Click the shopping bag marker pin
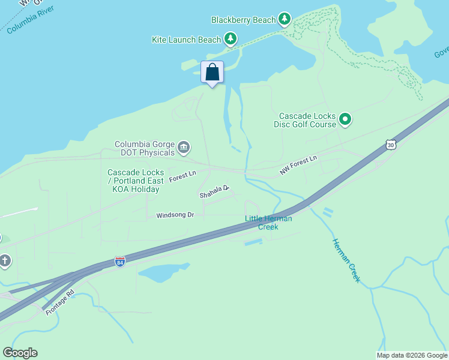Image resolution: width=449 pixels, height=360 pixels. coord(212,73)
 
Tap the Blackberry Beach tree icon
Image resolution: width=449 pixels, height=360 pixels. coord(285,20)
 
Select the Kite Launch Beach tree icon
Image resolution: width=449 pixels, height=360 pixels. coord(231,40)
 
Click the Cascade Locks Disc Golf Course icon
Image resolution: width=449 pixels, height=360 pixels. coord(345,120)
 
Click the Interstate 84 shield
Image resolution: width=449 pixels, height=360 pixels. coord(120,262)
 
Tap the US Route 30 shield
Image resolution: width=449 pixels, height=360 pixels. coord(391,144)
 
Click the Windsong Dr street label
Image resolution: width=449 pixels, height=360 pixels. coord(175,215)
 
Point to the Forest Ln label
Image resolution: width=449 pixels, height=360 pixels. coord(182,176)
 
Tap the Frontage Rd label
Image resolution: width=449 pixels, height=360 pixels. coord(59,301)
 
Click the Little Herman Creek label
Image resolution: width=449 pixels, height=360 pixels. coord(268,223)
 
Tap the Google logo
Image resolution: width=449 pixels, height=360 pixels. coord(20,353)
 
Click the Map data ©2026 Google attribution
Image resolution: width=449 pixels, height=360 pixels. coord(412,355)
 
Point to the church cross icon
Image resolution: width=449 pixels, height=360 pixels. coord(5,260)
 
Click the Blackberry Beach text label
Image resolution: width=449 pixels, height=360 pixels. coord(243,20)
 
